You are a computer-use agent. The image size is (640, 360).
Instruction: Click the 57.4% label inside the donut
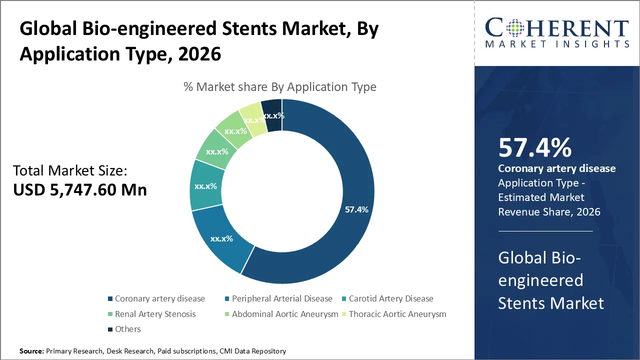[356, 209]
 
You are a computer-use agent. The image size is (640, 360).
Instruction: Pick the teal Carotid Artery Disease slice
[205, 186]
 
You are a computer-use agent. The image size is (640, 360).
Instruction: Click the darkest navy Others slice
[273, 115]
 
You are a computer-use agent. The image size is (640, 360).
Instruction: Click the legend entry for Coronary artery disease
[159, 298]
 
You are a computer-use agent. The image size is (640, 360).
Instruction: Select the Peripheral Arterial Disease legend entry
[281, 298]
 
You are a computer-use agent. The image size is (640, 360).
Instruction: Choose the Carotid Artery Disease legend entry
[390, 298]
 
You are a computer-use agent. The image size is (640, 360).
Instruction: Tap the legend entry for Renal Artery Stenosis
[155, 314]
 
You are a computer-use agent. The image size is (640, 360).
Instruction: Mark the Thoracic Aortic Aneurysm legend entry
[397, 314]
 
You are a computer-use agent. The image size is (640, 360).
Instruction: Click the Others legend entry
[128, 329]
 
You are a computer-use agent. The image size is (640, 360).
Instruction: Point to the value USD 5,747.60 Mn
[80, 190]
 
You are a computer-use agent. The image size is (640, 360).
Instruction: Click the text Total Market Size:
[70, 171]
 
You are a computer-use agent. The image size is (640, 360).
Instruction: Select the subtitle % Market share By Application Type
[280, 87]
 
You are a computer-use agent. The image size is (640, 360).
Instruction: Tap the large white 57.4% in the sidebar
[534, 148]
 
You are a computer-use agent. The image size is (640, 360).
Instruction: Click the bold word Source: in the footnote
[31, 351]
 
